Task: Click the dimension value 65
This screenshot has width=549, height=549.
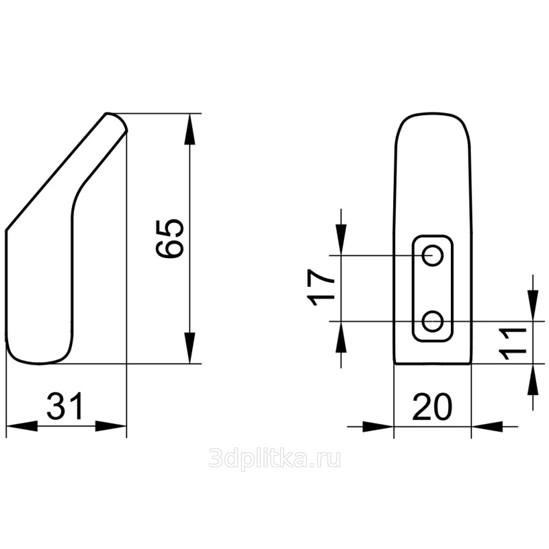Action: pos(170,239)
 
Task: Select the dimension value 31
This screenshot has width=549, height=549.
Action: pos(65,406)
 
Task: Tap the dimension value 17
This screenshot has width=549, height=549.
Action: pos(320,288)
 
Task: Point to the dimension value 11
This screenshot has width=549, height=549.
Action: pos(514,344)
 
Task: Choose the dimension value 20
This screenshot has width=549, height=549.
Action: pos(433,407)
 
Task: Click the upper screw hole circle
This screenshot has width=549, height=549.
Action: pos(433,255)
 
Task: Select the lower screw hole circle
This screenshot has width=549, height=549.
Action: pos(433,320)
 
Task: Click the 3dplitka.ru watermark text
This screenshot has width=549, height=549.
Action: pos(274,458)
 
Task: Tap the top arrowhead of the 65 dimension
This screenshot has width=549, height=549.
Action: pos(189,129)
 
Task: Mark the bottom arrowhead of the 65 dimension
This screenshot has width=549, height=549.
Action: pos(189,348)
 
